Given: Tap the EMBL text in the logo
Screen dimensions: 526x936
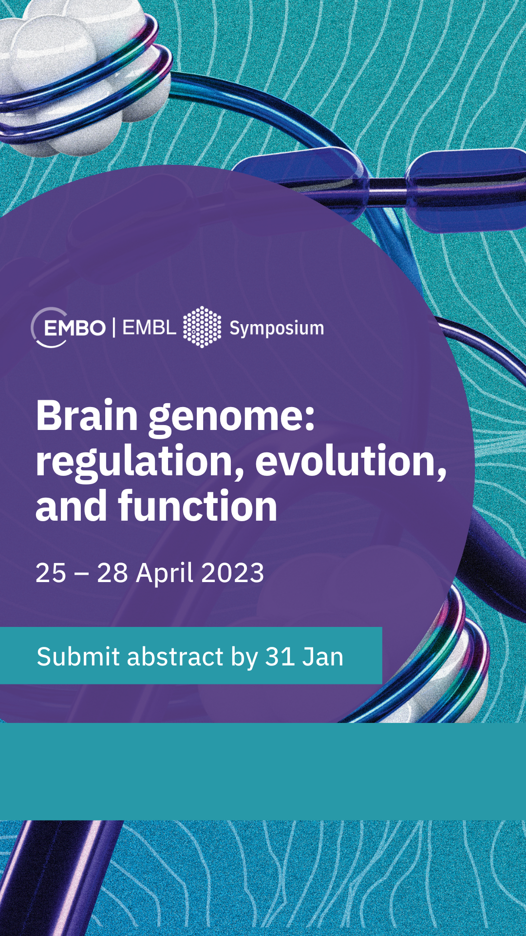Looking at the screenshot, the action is tap(149, 328).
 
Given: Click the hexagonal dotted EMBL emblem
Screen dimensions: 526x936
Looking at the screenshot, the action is tap(202, 327).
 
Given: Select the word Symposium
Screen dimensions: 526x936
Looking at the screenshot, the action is tap(277, 329).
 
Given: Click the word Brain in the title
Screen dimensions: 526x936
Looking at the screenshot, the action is tap(87, 415).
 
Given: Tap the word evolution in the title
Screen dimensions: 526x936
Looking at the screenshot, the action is tap(351, 461).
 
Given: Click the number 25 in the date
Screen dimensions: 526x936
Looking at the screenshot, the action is tap(51, 573).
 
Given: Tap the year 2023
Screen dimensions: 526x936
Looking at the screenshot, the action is tap(233, 573).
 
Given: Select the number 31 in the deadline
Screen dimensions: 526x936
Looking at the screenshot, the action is tap(280, 657).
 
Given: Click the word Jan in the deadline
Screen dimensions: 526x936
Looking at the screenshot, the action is tap(323, 657).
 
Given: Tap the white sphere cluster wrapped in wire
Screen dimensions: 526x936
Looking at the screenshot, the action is tap(73, 73).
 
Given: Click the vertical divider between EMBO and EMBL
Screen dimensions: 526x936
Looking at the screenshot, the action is tap(114, 328).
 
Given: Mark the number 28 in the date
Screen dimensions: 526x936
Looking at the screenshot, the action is tap(113, 573).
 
